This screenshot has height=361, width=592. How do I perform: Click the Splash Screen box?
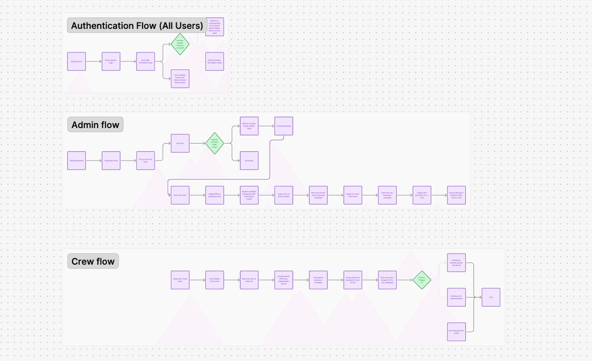[76, 61]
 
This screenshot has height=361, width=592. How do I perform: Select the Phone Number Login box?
[111, 61]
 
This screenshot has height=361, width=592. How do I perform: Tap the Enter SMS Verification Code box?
[145, 61]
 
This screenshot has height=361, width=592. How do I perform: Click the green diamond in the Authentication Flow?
[180, 44]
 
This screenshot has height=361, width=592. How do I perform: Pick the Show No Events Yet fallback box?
[214, 61]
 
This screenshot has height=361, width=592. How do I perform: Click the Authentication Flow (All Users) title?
[137, 26]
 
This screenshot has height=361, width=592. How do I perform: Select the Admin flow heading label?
[95, 125]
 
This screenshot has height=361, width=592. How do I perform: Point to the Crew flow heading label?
[93, 261]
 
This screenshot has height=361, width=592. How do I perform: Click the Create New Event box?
[111, 161]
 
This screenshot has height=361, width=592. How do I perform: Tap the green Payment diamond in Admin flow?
[214, 143]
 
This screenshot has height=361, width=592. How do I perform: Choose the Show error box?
[249, 161]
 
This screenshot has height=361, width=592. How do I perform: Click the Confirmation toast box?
[283, 126]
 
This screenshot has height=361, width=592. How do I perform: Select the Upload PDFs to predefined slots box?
[214, 195]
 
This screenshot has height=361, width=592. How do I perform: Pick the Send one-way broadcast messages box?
[387, 195]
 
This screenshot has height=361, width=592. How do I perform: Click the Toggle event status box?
[421, 195]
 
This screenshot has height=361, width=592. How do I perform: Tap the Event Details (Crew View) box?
[214, 280]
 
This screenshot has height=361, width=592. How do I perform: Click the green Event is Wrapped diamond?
[421, 280]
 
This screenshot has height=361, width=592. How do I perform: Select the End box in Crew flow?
[490, 297]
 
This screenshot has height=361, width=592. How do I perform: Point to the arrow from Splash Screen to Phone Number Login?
[94, 61]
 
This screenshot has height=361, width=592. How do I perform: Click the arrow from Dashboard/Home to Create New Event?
[94, 161]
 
